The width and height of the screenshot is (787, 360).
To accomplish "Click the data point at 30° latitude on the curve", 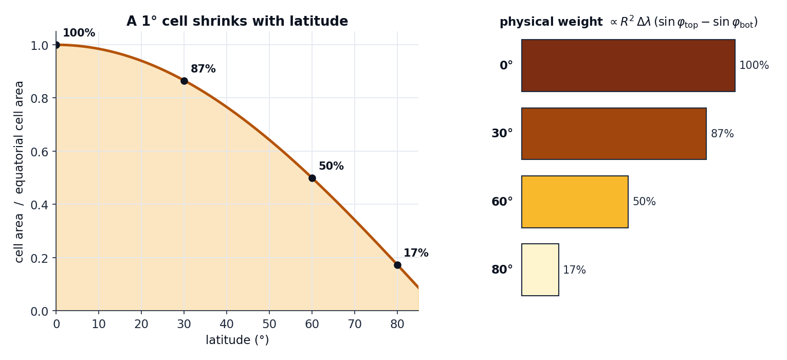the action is tap(184, 81).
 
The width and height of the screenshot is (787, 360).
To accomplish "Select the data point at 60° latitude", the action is tap(312, 178).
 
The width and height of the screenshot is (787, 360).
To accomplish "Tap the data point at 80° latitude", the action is tap(397, 265).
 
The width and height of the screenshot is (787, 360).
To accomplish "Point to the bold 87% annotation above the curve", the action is tap(203, 69).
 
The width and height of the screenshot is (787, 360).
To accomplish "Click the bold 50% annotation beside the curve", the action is tap(331, 166).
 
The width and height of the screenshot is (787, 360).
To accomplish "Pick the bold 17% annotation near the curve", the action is tap(416, 253).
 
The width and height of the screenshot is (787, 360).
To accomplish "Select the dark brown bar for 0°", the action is tap(628, 66).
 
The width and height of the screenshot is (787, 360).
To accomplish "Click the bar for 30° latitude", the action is tap(614, 134).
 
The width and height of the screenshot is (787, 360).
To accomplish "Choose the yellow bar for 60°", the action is tap(575, 202).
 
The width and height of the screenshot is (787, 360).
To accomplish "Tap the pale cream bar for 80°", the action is tap(540, 269).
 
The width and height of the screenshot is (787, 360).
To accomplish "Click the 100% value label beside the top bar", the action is tap(754, 65).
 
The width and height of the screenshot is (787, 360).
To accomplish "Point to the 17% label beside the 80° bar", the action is tap(574, 270).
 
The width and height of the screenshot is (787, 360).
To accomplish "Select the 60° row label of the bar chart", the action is tap(502, 202).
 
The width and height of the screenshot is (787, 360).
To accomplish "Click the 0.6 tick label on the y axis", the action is tap(40, 152).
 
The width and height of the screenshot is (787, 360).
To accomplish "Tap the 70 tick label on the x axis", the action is tap(355, 324).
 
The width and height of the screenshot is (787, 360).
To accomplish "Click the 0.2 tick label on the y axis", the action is tap(40, 259).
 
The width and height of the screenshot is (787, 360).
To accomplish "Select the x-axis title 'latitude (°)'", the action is tap(237, 340).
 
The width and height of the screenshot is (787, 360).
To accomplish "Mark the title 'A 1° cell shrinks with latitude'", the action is tap(237, 21).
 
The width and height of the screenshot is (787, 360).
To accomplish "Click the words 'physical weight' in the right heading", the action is tap(551, 22).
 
